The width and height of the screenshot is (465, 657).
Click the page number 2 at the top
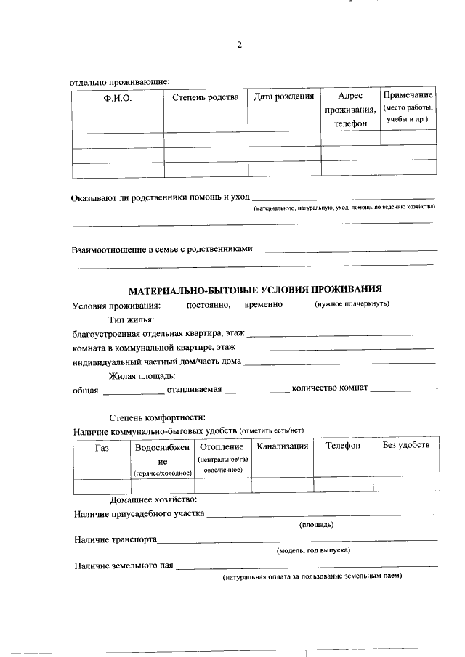point(239,46)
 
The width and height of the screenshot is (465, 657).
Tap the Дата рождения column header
point(284,97)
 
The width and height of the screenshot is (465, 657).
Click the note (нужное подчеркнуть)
point(352,303)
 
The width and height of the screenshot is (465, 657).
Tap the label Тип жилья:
point(132,319)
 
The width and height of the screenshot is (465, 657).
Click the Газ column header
point(102,446)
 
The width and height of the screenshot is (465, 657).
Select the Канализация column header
point(283,446)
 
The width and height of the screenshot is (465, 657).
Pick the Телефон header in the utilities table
point(343,446)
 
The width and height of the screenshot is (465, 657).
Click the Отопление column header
point(222,446)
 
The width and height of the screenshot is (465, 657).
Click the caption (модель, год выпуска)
point(313,550)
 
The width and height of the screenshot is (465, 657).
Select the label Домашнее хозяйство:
point(153,500)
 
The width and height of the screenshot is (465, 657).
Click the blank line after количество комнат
point(403,391)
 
